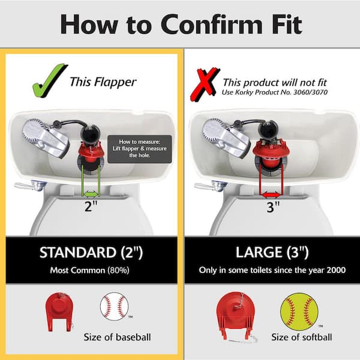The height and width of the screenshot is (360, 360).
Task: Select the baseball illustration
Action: (114, 306)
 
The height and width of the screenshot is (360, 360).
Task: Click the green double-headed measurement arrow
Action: (91, 194)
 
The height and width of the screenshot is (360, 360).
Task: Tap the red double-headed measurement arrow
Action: (271, 195)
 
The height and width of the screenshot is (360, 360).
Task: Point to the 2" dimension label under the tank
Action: (91, 206)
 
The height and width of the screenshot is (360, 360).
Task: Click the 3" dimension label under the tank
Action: (271, 206)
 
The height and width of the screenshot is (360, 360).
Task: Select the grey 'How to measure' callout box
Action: (140, 149)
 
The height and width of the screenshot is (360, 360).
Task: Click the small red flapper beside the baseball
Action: (59, 312)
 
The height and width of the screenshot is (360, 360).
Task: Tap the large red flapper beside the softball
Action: (236, 316)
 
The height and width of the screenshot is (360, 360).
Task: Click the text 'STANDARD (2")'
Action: (91, 253)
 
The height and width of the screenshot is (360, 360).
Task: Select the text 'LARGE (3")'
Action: (272, 252)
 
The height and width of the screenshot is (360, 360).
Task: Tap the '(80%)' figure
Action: (118, 270)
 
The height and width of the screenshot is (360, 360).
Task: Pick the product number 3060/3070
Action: (310, 92)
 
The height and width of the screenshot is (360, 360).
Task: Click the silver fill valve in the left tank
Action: (46, 138)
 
